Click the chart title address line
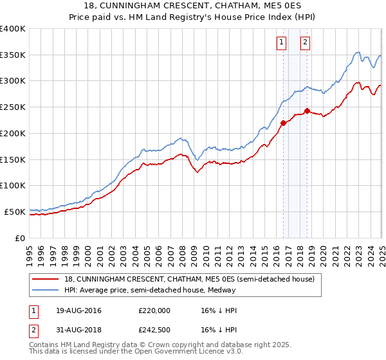[x=193, y=6]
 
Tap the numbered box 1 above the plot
[x=282, y=43]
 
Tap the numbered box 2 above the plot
[x=304, y=43]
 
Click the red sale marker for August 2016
[x=283, y=122]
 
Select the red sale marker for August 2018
[x=307, y=111]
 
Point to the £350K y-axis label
[x=13, y=55]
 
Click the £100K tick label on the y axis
[x=13, y=185]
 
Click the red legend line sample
[x=45, y=279]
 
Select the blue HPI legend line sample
[x=45, y=290]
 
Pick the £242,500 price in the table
[x=154, y=329]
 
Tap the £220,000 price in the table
[x=154, y=310]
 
